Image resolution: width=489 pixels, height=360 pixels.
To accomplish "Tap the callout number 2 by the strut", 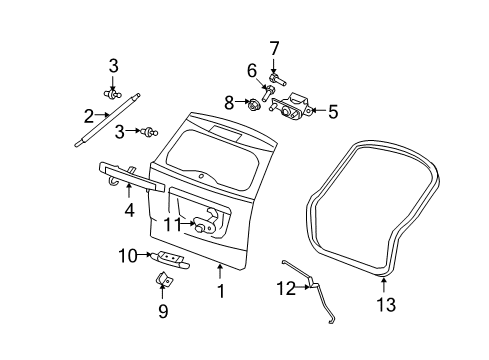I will (x=90, y=115).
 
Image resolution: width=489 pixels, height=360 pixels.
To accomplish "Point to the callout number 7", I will (x=273, y=47).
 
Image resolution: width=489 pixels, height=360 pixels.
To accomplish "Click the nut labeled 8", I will (x=254, y=103).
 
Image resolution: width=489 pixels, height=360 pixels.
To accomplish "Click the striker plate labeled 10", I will (x=174, y=259).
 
